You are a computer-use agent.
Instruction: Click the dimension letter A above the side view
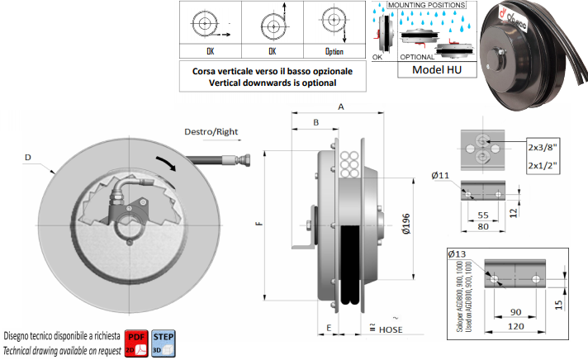(x=339, y=107)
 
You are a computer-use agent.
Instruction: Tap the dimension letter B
(x=315, y=123)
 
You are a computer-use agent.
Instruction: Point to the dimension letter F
(x=258, y=225)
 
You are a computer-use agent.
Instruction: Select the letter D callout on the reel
(x=29, y=156)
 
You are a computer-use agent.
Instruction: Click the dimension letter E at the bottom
(x=330, y=328)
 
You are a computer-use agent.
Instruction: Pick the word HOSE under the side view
(x=391, y=329)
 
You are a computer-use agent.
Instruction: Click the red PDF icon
(x=136, y=339)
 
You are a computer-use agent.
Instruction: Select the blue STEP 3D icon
(x=164, y=339)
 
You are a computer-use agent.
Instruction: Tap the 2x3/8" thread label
(x=543, y=148)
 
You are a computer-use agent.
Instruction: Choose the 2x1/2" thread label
(x=543, y=167)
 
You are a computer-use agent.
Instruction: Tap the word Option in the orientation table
(x=334, y=50)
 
